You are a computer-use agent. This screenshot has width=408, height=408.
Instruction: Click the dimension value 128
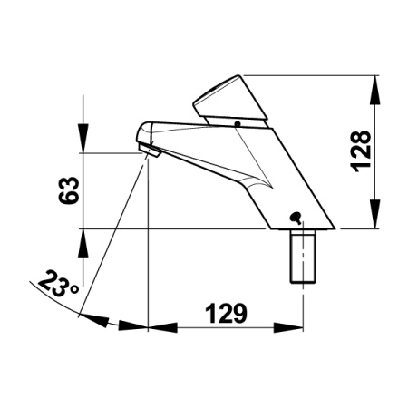(360, 151)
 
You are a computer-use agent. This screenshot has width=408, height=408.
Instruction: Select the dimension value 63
(69, 190)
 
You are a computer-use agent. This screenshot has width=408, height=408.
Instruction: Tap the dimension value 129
(226, 313)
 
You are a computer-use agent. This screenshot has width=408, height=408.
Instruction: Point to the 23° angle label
(57, 284)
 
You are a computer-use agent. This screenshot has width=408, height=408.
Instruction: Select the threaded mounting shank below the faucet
(303, 257)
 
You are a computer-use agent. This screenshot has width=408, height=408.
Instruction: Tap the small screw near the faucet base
(296, 218)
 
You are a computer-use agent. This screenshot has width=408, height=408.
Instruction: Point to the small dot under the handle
(238, 123)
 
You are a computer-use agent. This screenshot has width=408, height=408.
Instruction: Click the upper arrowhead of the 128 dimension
(374, 90)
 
